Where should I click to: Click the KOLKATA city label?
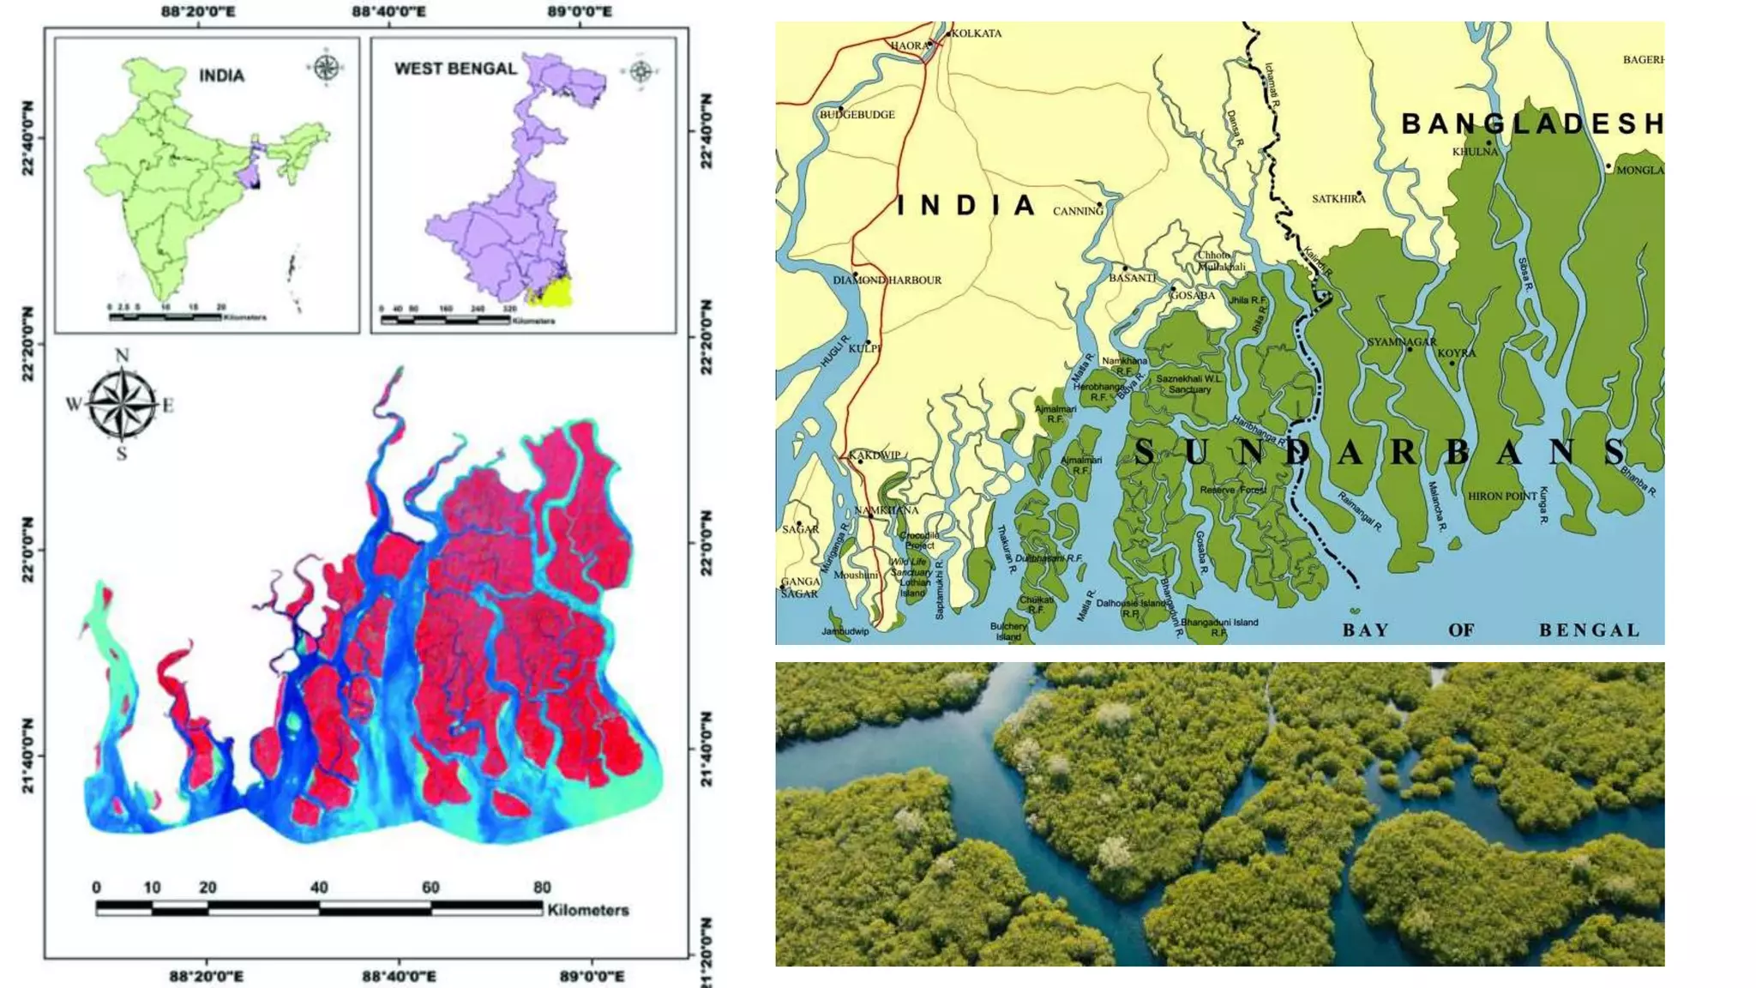click(977, 33)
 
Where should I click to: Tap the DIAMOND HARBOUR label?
click(887, 280)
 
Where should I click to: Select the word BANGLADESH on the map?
click(1531, 124)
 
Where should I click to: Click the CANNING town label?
click(1078, 211)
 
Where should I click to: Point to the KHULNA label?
click(1475, 152)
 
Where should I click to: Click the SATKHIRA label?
click(1338, 199)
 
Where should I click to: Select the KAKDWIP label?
click(875, 455)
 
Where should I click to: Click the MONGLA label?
click(1639, 171)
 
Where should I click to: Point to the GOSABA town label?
click(1193, 296)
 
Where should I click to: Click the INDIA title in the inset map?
click(221, 75)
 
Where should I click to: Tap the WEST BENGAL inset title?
click(455, 69)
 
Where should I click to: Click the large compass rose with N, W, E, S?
click(122, 404)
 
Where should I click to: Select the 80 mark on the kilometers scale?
click(542, 888)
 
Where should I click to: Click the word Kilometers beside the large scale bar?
click(588, 910)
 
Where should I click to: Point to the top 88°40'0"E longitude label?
click(388, 11)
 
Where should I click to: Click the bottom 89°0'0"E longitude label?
click(592, 976)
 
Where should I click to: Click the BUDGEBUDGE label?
click(857, 115)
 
